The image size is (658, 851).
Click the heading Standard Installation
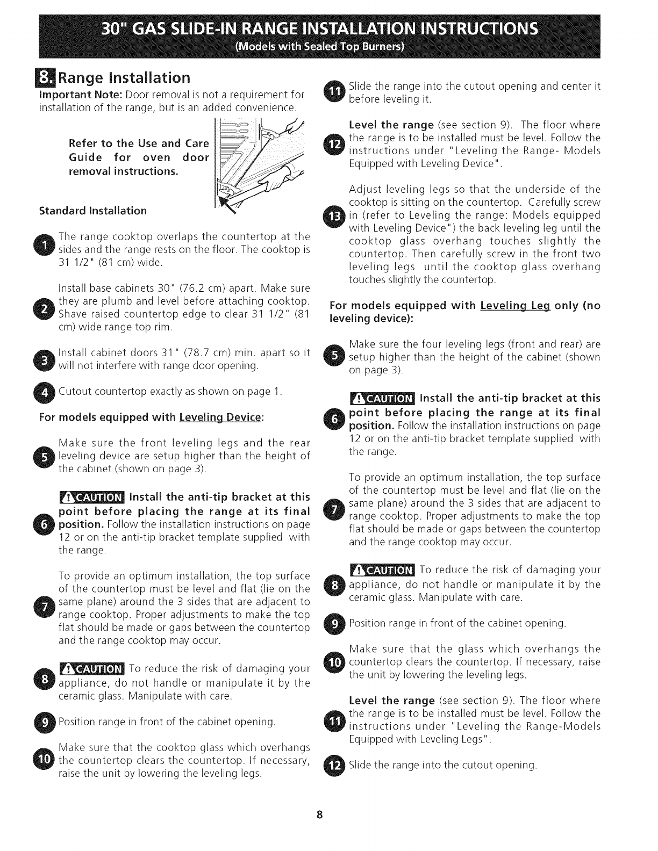click(93, 211)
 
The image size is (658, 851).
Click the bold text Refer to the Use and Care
click(138, 143)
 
